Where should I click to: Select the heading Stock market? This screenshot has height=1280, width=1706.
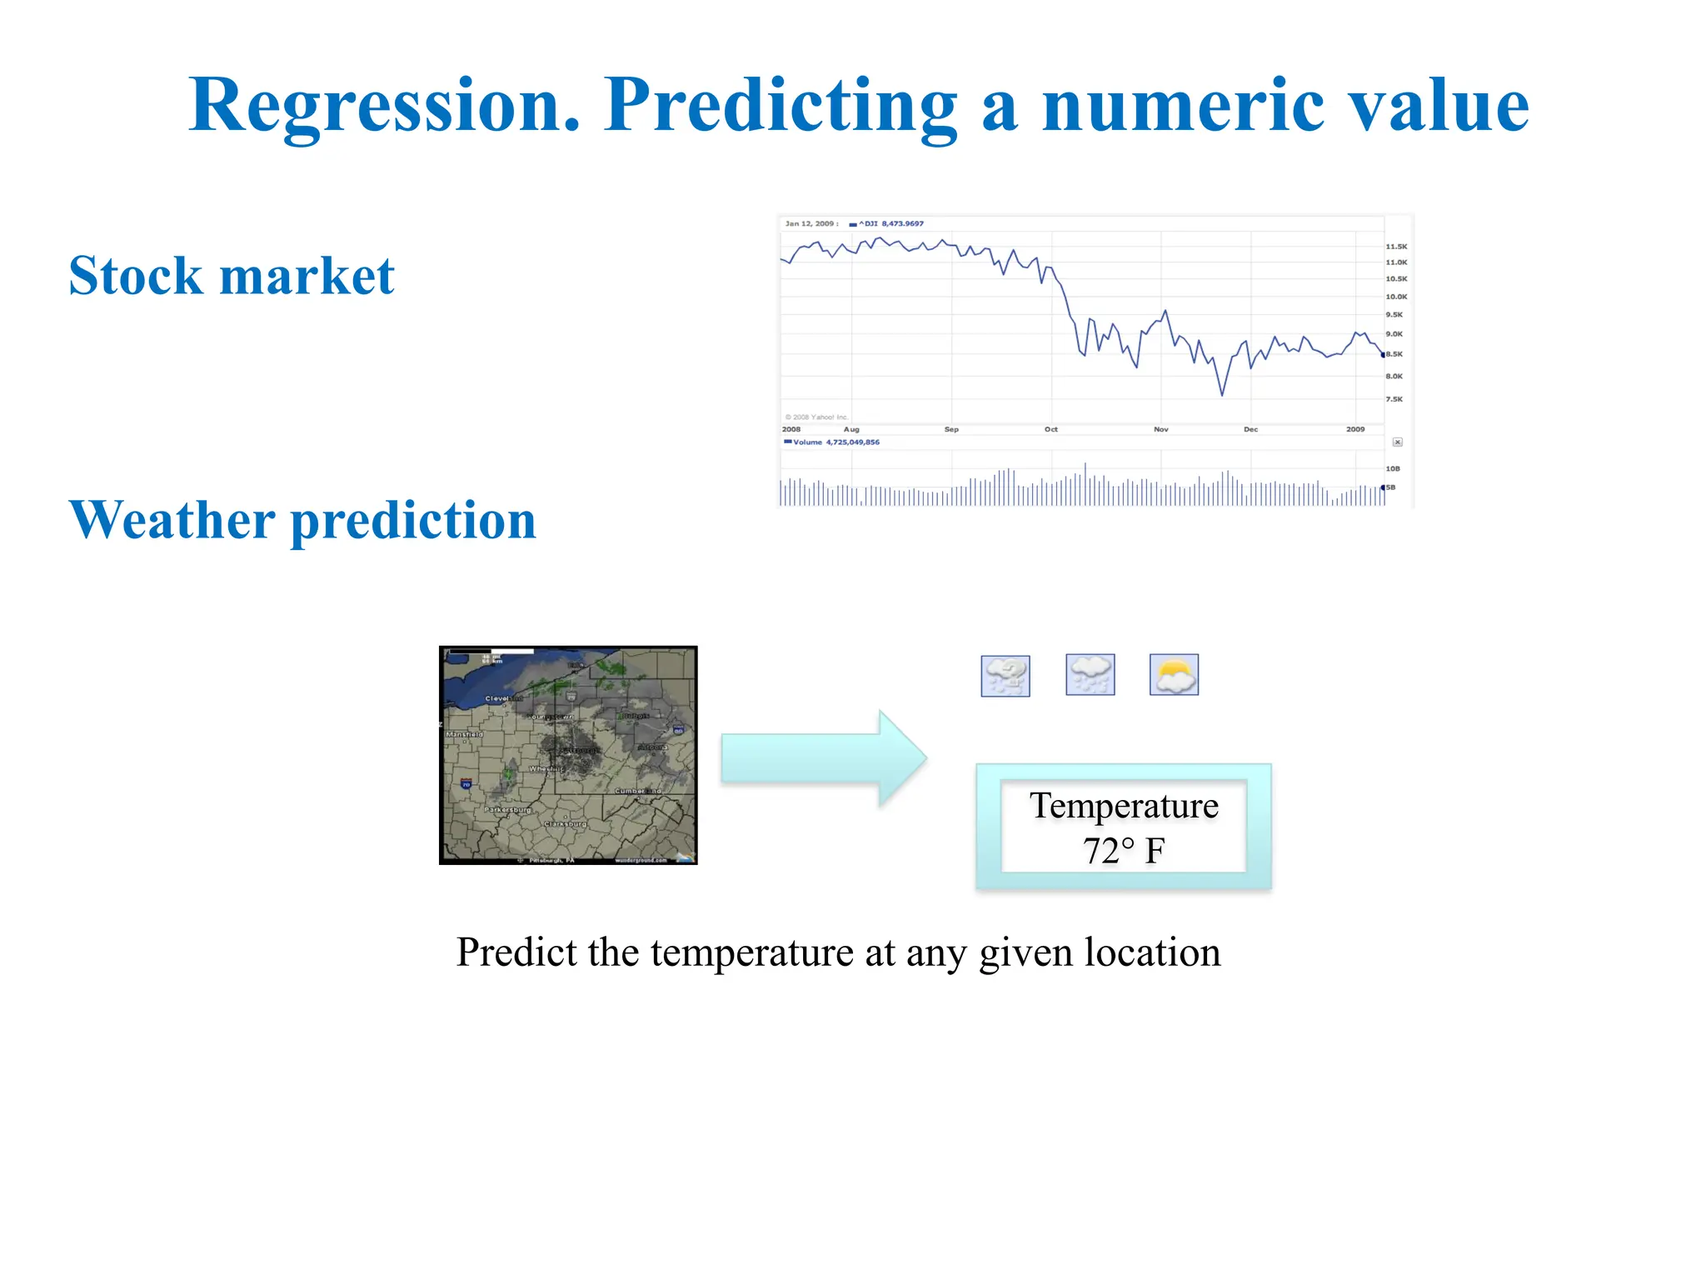click(x=231, y=276)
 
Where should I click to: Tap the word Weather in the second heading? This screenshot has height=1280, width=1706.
click(x=172, y=520)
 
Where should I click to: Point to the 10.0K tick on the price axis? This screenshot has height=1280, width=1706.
click(x=1396, y=297)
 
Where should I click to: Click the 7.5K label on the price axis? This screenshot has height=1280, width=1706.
click(x=1394, y=399)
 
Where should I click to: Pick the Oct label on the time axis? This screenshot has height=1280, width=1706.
click(x=1051, y=429)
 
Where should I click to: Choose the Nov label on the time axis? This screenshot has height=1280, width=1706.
click(x=1160, y=429)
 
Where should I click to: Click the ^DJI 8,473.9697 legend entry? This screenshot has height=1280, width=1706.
click(x=890, y=223)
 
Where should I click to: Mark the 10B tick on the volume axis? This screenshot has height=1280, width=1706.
click(x=1393, y=468)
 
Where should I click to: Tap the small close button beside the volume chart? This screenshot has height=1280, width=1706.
click(x=1398, y=442)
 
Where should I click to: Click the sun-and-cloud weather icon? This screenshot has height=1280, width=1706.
click(x=1174, y=675)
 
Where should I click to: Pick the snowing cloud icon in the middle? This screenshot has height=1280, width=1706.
click(x=1090, y=675)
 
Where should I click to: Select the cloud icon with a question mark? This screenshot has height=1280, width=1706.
click(x=1005, y=676)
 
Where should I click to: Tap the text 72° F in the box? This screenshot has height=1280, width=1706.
click(x=1123, y=851)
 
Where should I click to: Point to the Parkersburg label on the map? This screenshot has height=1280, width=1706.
click(x=507, y=810)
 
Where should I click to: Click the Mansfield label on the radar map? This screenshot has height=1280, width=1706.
click(x=464, y=734)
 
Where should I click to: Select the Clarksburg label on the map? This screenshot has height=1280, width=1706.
click(x=566, y=824)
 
